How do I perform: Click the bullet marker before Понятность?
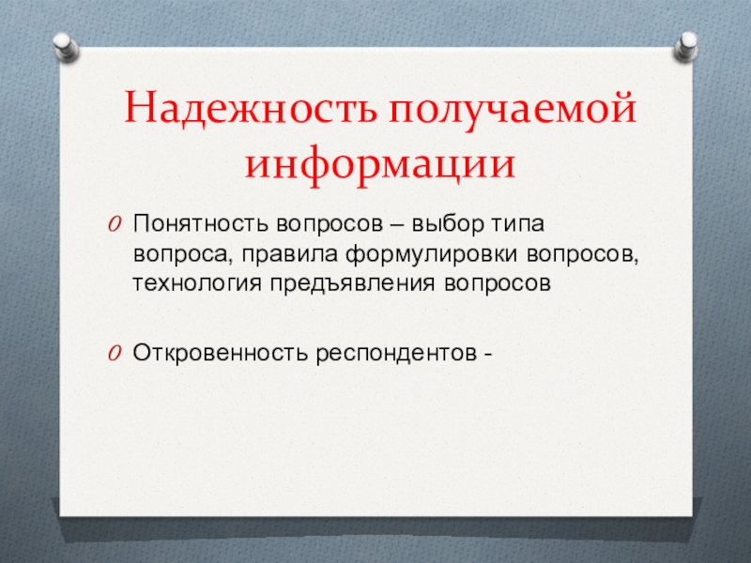tap(114, 226)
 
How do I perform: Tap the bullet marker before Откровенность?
tap(114, 354)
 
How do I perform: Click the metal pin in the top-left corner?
tap(65, 43)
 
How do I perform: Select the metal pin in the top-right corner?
tap(687, 43)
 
